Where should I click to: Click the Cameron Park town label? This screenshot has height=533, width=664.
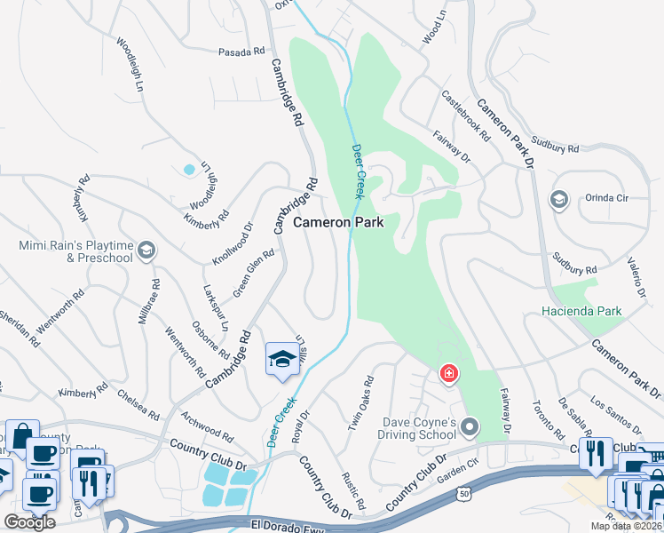338,222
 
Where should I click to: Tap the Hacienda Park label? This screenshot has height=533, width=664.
582,311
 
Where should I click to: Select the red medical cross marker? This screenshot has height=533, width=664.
449,373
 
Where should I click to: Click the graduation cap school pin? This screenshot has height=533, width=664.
281,359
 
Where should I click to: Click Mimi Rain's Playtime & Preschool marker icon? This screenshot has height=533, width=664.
146,251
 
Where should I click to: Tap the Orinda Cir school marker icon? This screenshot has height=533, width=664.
558,198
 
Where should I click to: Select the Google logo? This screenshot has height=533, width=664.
29,521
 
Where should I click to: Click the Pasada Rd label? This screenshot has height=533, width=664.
242,52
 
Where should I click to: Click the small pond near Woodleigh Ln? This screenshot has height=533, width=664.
188,169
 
